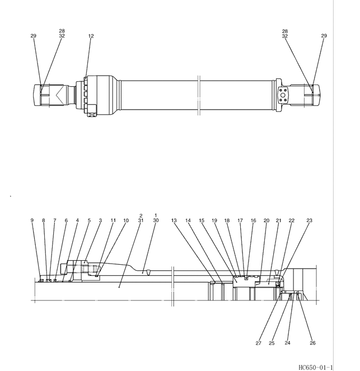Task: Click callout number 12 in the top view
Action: click(x=91, y=36)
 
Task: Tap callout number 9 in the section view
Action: click(x=32, y=220)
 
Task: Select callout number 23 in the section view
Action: click(x=310, y=220)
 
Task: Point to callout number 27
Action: click(x=258, y=343)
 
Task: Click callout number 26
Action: click(x=312, y=343)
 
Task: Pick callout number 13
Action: click(x=174, y=220)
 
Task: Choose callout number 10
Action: click(x=126, y=220)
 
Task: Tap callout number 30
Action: click(x=156, y=220)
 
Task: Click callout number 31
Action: click(x=141, y=220)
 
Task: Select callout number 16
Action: click(x=253, y=220)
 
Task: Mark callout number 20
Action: click(x=267, y=220)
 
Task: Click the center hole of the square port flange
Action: click(x=283, y=95)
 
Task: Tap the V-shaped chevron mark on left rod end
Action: click(x=60, y=95)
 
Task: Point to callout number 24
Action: click(x=287, y=343)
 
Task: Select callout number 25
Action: click(x=272, y=343)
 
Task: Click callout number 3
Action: click(x=100, y=220)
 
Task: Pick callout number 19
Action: click(x=214, y=220)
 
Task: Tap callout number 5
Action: click(x=89, y=220)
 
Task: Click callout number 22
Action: click(x=291, y=220)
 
